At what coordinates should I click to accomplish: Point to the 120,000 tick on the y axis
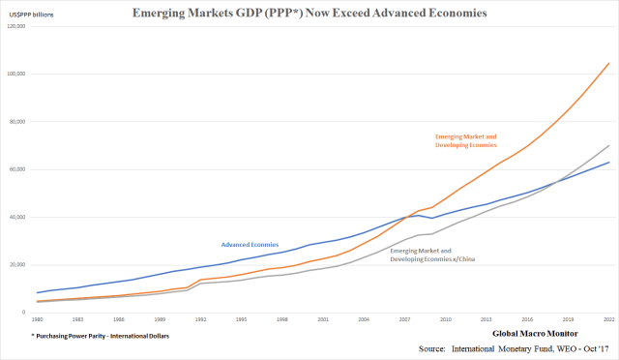[16, 26]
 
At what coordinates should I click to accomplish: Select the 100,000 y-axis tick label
[16, 74]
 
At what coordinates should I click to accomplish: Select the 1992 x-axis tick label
[201, 318]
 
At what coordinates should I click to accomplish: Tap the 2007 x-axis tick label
[404, 318]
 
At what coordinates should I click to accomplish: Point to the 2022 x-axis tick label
[607, 318]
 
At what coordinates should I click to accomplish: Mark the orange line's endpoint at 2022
[607, 64]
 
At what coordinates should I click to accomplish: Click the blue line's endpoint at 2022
[607, 163]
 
